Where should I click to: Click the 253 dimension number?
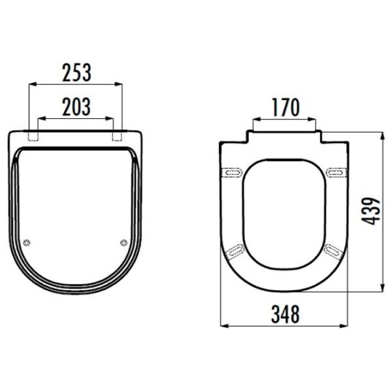coord(76,73)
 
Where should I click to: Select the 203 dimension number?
coord(76,106)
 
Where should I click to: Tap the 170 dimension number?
coord(286,108)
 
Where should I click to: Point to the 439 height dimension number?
coord(370,211)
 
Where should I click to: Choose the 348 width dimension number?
coord(286,314)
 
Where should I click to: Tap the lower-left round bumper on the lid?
coord(27,242)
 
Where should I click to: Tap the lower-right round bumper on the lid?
coord(123,242)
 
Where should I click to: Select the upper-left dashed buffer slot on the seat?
coord(232,172)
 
